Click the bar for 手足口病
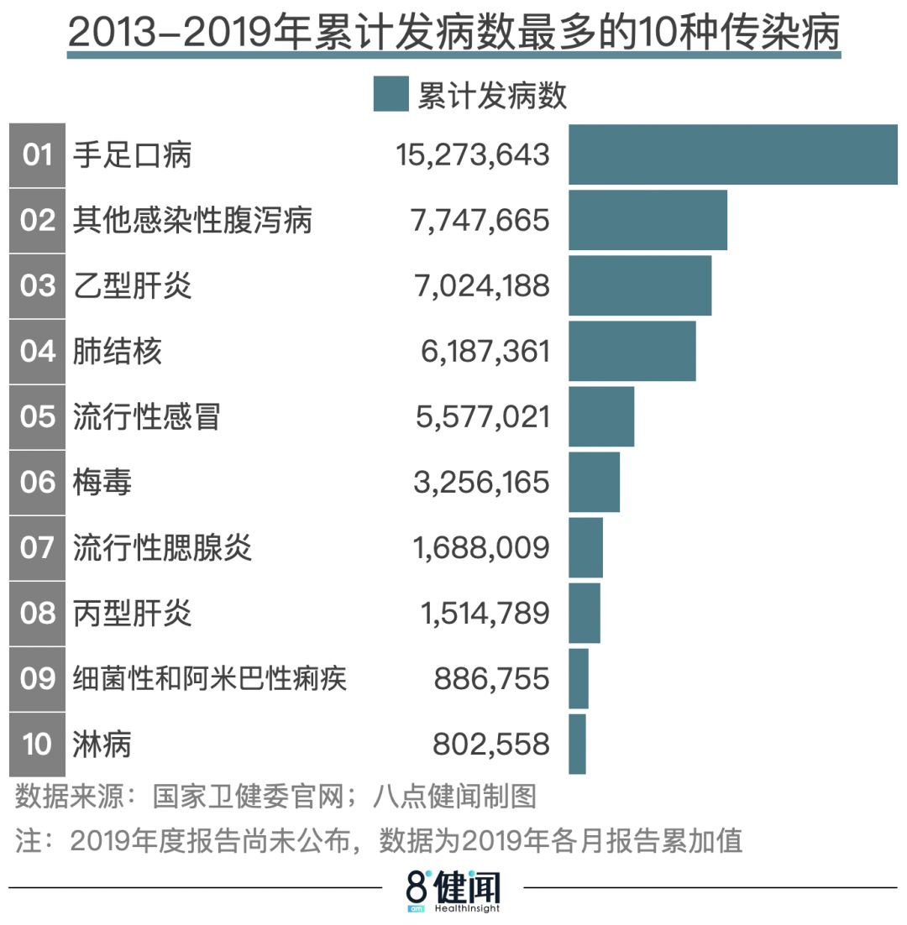(x=732, y=154)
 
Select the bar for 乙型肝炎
(x=640, y=285)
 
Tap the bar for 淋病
(x=577, y=744)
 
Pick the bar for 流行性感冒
(x=601, y=416)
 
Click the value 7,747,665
(x=480, y=221)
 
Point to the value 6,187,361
(x=485, y=352)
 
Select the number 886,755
(x=491, y=678)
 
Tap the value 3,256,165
(x=481, y=483)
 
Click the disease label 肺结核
(x=118, y=351)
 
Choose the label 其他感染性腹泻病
(x=192, y=221)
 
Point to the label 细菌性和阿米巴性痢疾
(x=210, y=678)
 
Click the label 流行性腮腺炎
(x=162, y=548)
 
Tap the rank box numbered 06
(x=37, y=483)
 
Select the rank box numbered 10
(x=37, y=744)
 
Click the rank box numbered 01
(x=37, y=154)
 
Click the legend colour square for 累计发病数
(x=391, y=94)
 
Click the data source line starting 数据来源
(x=275, y=797)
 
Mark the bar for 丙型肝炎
(x=585, y=613)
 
